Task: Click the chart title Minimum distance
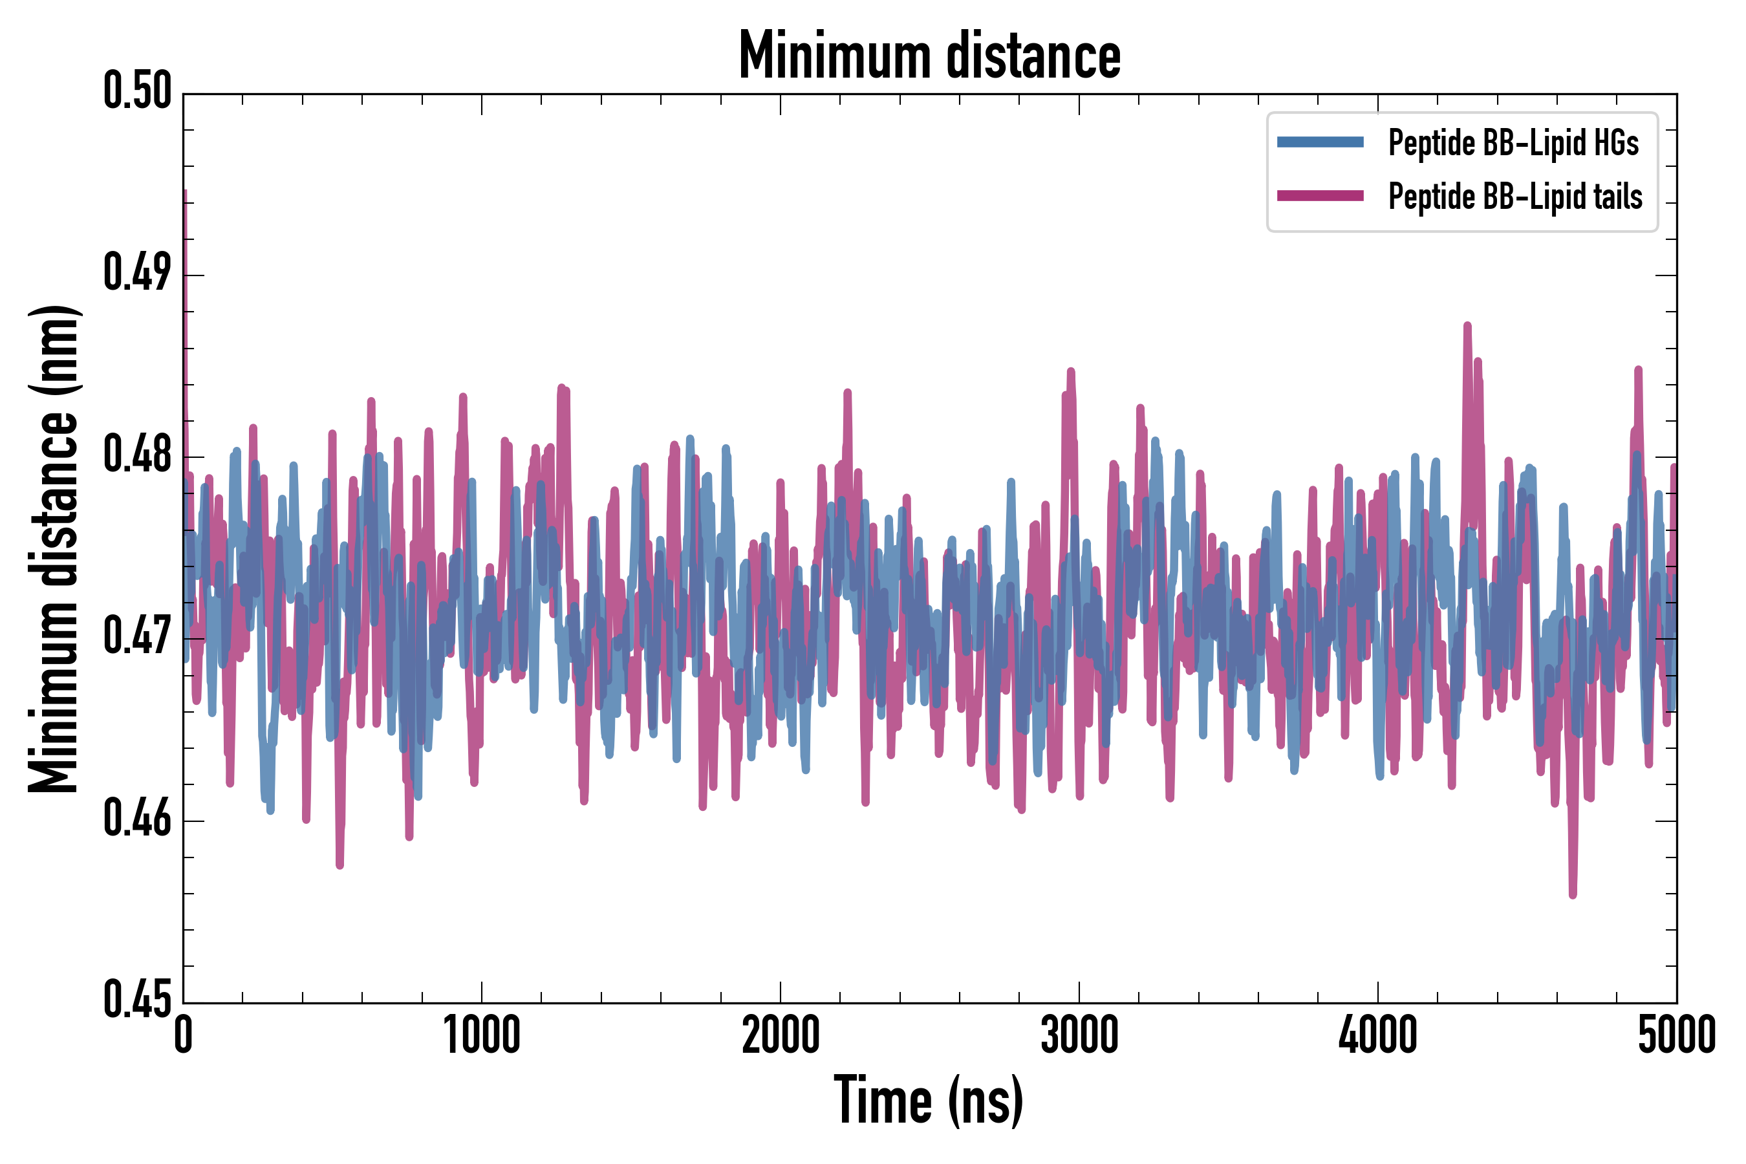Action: (929, 56)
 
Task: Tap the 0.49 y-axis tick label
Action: (137, 272)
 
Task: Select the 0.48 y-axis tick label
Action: (137, 455)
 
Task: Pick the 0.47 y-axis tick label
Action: (137, 636)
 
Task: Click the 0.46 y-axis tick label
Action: (137, 818)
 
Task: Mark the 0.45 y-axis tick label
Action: (137, 1000)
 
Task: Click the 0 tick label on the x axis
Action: (184, 1035)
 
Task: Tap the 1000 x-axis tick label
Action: (482, 1035)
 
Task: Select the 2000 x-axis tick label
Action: (781, 1035)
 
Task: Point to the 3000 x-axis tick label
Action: (1079, 1035)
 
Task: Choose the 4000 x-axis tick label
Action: (1378, 1035)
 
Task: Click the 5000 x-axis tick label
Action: (1676, 1035)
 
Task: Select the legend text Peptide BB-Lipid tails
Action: (1515, 197)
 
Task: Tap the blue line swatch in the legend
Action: (1320, 142)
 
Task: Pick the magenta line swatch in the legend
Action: (1320, 196)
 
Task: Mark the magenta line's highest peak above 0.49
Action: (184, 192)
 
